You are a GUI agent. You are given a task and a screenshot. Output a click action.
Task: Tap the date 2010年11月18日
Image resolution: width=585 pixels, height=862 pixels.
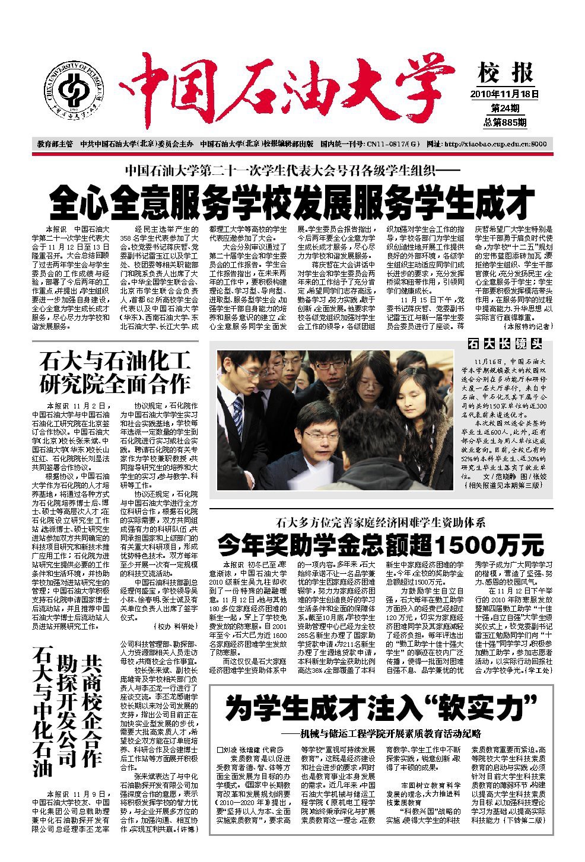(x=504, y=94)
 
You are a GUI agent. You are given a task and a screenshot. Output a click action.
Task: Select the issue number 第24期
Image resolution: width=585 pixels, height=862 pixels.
(x=505, y=108)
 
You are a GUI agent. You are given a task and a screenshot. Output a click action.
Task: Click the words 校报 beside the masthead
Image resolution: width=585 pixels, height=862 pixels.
(x=505, y=74)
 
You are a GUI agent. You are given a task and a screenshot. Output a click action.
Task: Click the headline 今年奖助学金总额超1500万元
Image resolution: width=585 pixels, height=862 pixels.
(x=380, y=542)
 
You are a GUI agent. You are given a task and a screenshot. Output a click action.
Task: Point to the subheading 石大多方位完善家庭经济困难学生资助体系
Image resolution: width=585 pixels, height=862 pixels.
(x=380, y=522)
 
